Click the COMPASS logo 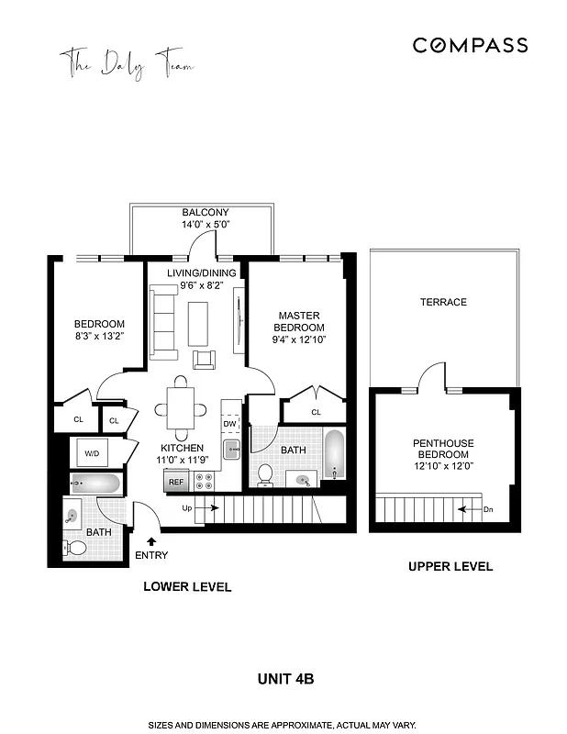469,45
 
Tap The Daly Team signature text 128,65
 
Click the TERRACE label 443,302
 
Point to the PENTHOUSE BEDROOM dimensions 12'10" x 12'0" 443,467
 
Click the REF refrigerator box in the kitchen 175,481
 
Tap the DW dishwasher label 229,424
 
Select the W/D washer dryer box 93,453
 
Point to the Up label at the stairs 187,507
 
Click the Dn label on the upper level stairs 490,507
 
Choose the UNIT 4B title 283,679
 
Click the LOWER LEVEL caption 187,586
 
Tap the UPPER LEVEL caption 450,566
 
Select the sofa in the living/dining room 165,322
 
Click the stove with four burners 203,481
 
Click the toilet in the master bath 265,473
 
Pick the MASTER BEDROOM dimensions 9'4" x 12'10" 300,340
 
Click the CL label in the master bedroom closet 316,413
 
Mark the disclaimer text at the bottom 283,725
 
